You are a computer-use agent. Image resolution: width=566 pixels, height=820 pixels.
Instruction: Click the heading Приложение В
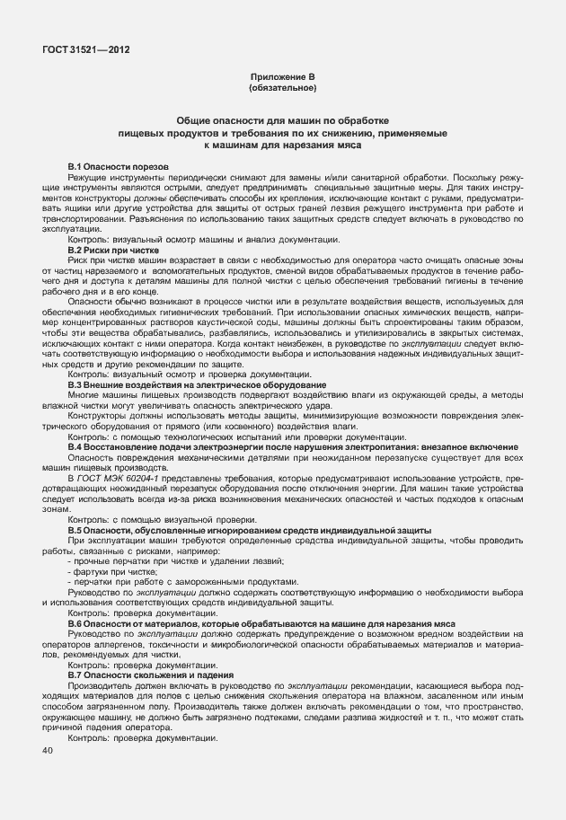click(x=282, y=79)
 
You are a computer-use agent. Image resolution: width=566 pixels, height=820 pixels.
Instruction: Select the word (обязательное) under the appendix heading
click(x=282, y=89)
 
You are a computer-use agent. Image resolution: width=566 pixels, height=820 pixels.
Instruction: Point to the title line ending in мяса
click(x=282, y=144)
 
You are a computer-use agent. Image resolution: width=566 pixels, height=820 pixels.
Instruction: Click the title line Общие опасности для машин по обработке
click(x=282, y=120)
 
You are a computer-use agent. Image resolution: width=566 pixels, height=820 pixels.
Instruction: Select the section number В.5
click(x=75, y=531)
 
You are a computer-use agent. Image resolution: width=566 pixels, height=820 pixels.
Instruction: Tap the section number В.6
click(x=75, y=622)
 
